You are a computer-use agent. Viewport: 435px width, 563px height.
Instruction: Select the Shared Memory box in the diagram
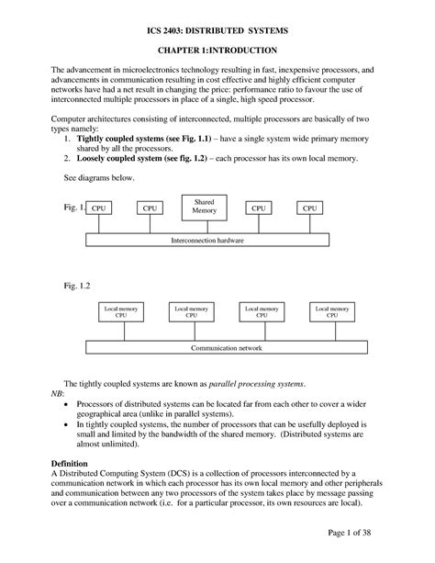tap(205, 207)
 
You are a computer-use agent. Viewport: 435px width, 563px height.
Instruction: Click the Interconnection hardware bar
tap(207, 240)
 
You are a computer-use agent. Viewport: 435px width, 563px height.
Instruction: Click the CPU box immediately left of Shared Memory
tap(150, 208)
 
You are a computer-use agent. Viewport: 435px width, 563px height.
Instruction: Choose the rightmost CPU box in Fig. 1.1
tap(311, 208)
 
